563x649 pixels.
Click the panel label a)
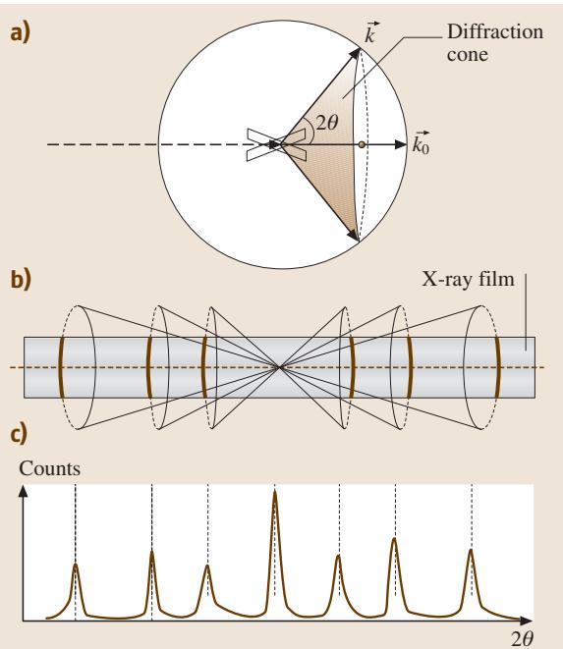click(20, 32)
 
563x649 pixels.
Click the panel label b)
click(21, 280)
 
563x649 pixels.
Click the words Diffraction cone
click(494, 43)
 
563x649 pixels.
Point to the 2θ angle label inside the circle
click(327, 122)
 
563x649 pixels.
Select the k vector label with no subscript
click(369, 32)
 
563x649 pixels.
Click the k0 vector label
click(421, 143)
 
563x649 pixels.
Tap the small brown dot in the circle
click(363, 144)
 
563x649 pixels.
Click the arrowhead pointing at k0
click(401, 144)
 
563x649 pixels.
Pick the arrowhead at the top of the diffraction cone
click(356, 53)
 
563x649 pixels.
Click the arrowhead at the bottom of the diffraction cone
click(354, 235)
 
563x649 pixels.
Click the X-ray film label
click(468, 280)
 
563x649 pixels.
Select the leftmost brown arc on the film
click(61, 367)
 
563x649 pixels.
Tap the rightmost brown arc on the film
click(498, 367)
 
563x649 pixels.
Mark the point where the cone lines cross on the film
click(280, 366)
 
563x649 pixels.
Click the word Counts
click(50, 469)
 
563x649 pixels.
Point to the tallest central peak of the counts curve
click(275, 493)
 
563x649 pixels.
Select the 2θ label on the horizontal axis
click(522, 639)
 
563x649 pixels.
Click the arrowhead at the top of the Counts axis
click(24, 491)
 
